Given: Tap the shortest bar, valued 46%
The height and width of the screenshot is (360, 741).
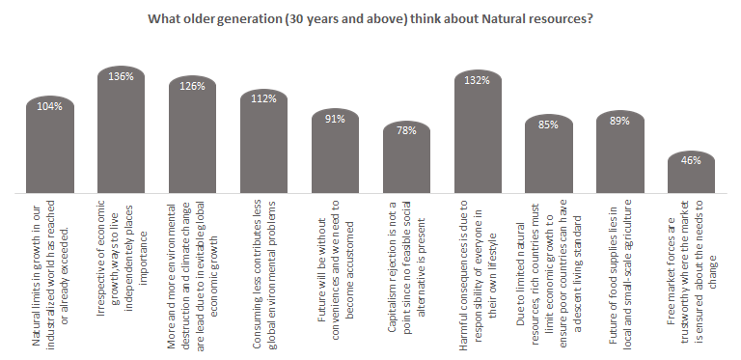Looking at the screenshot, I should coord(691,174).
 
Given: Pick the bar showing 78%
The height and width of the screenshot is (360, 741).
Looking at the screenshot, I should coord(406,159).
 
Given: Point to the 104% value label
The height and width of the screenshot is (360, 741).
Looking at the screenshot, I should coord(50,106).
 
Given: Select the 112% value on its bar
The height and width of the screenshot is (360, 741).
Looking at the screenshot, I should coord(263,98).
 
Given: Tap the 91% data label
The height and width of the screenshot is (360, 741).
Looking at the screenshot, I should coord(335,119).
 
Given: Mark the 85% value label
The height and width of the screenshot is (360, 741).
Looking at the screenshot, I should coord(549,124).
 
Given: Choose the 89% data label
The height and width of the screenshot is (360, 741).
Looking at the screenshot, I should coord(620,121).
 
